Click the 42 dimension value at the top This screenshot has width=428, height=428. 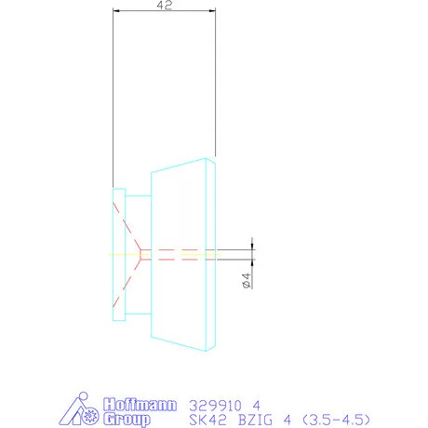pos(163,6)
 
